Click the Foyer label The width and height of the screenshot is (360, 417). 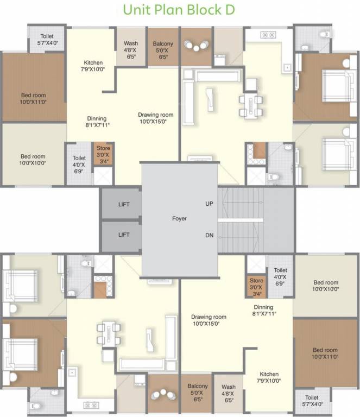coord(179,218)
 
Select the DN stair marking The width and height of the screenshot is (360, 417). coord(209,235)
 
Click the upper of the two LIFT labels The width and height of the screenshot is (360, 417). coord(124,205)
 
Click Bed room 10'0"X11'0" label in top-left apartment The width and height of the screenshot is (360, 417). coord(34,98)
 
